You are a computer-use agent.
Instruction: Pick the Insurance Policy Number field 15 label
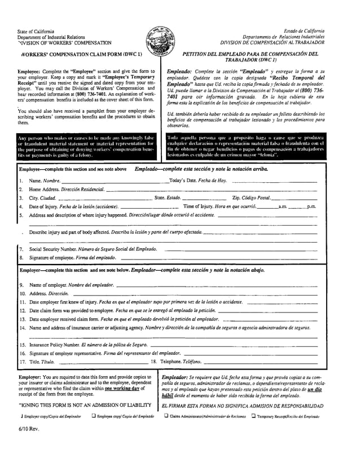point(84,344)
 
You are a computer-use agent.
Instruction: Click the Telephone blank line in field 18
point(260,361)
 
